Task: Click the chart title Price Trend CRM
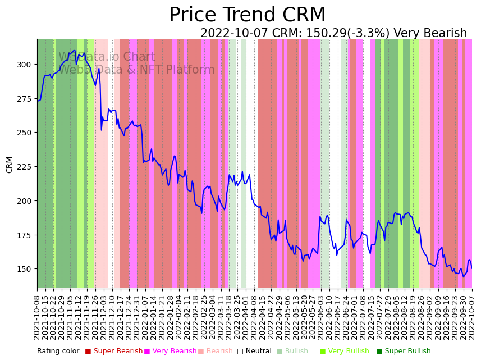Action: pyautogui.click(x=247, y=15)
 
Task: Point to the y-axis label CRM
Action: pyautogui.click(x=10, y=165)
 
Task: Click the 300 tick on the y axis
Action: pyautogui.click(x=24, y=65)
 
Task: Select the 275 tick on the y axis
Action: pyautogui.click(x=24, y=99)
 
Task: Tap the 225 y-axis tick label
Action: pyautogui.click(x=24, y=167)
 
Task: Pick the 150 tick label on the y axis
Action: pyautogui.click(x=24, y=269)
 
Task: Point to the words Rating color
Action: pyautogui.click(x=58, y=351)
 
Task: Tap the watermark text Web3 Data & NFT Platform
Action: pyautogui.click(x=136, y=70)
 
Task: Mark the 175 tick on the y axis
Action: pyautogui.click(x=24, y=235)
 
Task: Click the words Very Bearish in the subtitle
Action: pyautogui.click(x=430, y=34)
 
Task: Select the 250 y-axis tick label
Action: pyautogui.click(x=24, y=133)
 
